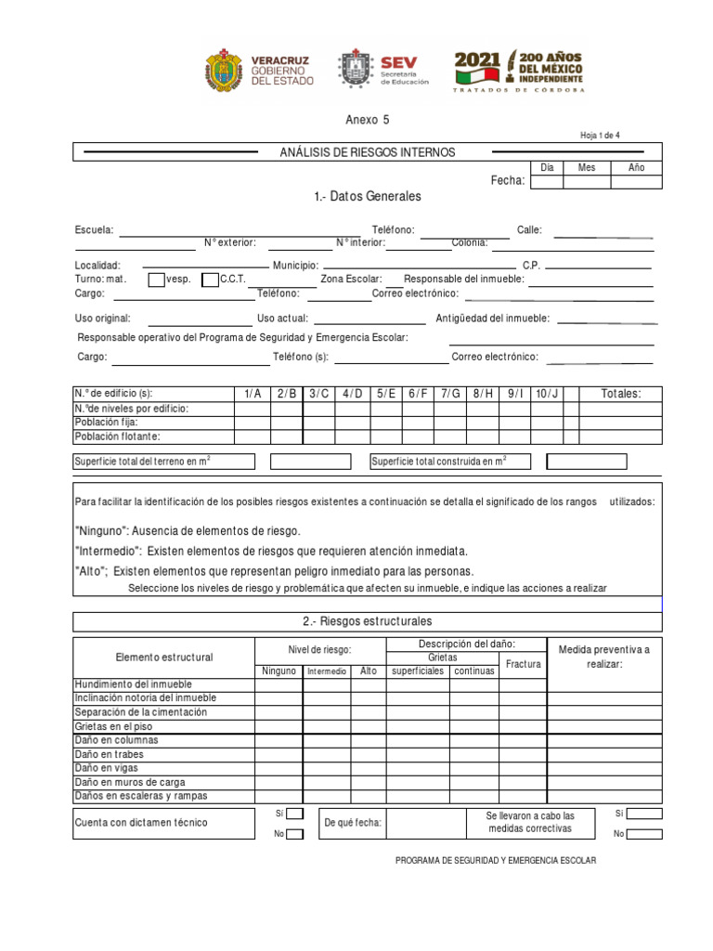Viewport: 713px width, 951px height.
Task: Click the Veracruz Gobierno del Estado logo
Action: (x=259, y=71)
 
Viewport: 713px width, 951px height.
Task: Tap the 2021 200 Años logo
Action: (x=519, y=71)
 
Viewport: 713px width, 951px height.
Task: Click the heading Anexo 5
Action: (x=361, y=120)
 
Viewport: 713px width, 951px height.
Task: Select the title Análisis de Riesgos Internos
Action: (x=369, y=152)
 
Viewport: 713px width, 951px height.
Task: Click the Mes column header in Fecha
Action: (x=587, y=168)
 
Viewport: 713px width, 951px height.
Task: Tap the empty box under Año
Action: (x=636, y=181)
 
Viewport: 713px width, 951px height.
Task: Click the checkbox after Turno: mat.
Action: (x=156, y=280)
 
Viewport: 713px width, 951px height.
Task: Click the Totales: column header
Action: (x=620, y=394)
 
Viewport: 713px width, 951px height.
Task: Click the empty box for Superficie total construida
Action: (x=586, y=462)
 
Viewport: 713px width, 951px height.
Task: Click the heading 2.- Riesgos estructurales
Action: (x=367, y=621)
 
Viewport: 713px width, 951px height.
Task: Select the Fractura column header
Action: (x=523, y=664)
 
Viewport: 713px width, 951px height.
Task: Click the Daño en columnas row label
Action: (x=116, y=740)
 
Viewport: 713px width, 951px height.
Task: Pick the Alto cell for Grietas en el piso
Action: (x=369, y=726)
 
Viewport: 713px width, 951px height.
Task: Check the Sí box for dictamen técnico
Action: (x=294, y=814)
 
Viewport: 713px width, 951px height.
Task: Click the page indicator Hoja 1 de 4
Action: (x=600, y=136)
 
